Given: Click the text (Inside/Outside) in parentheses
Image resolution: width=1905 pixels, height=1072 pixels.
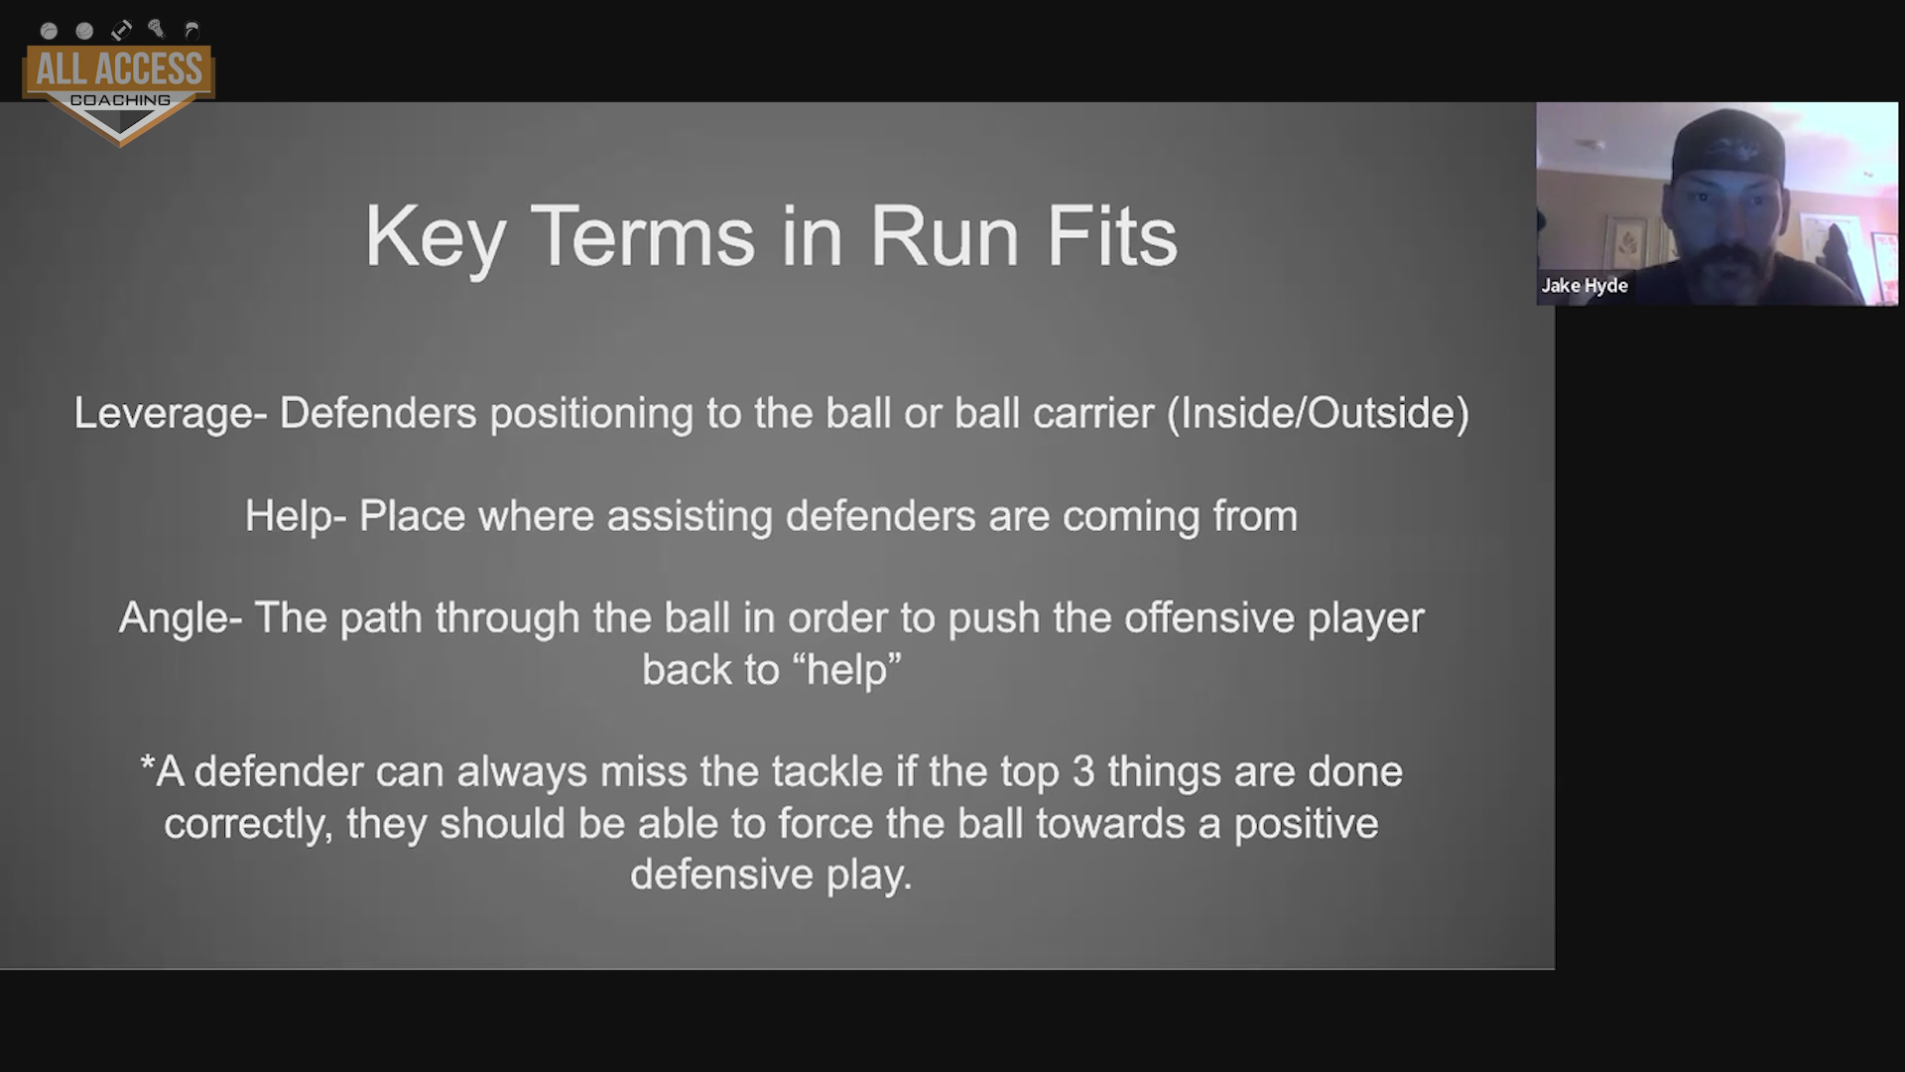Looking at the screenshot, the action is coord(1319,414).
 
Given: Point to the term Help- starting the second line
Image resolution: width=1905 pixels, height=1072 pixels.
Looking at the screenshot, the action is coord(296,517).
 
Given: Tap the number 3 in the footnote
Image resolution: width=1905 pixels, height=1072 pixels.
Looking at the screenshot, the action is coord(1083,772).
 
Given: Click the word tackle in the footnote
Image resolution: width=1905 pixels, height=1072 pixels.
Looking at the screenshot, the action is coord(827,772).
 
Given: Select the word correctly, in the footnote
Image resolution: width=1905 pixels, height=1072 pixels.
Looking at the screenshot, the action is coord(248,825).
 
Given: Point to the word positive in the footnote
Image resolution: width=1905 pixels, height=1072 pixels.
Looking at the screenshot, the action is coord(1307,825).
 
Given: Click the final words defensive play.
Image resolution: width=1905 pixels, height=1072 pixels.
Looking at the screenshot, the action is coord(771,875).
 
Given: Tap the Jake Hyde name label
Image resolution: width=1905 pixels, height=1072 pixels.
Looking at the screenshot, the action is coord(1585,286).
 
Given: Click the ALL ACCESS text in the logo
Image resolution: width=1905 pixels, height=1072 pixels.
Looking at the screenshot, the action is coord(119,69).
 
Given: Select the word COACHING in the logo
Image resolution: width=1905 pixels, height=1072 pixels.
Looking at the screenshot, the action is coord(120,100).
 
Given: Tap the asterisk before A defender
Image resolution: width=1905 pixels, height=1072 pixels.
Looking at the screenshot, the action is coord(148,766).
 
